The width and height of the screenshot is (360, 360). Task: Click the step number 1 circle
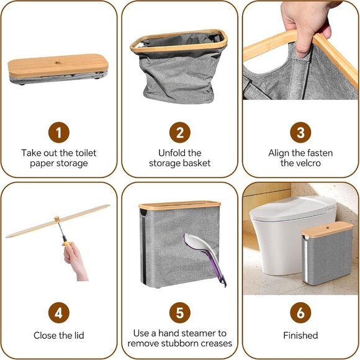pos(59,132)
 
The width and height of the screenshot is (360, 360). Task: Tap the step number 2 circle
pos(180,132)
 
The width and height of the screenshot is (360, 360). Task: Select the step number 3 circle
pos(300,132)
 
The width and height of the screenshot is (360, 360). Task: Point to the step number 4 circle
pos(59,313)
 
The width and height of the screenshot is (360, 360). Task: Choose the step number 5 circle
pos(180,313)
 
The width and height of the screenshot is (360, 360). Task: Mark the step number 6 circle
pos(300,313)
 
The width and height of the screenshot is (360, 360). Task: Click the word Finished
pos(300,335)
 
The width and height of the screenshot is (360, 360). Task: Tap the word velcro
pos(308,163)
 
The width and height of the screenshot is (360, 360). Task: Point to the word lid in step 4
pos(79,335)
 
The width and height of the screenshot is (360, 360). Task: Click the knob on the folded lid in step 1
pos(58,61)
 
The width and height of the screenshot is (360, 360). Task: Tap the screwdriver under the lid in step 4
pos(62,233)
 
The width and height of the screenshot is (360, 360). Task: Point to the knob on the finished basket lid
pos(327,228)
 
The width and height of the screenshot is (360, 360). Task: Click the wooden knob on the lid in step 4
pos(56,219)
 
